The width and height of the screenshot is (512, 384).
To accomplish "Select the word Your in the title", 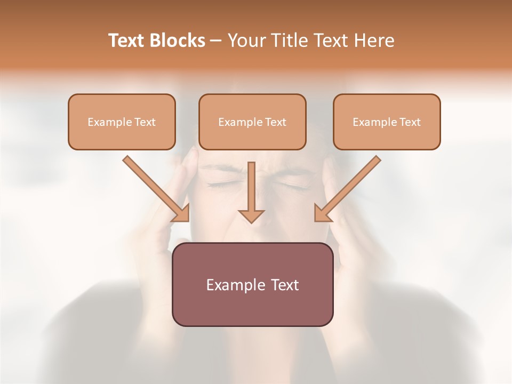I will coord(245,41).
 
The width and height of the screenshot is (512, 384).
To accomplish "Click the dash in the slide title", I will coord(216,41).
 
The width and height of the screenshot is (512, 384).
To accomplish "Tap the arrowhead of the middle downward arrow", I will coord(251,215).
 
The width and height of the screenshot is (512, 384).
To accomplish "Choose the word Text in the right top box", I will coord(410,122).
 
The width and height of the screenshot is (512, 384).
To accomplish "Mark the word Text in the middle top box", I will coord(276,122).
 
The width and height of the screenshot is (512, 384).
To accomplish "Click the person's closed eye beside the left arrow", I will coord(219,185).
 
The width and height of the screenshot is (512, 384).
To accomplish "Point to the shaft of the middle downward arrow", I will coord(251,184).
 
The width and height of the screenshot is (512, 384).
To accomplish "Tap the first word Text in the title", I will coord(127,41).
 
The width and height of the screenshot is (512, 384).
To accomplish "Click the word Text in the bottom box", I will coord(285,285).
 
